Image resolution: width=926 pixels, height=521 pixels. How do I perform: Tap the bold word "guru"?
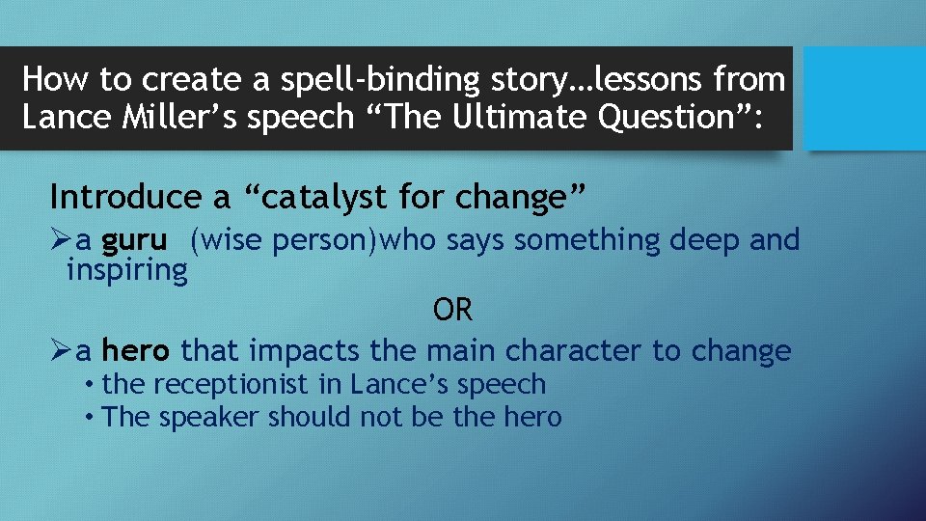134,239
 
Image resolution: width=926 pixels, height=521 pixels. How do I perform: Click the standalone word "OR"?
452,311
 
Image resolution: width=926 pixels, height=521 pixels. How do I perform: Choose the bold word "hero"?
137,350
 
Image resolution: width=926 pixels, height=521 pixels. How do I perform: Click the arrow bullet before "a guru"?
61,240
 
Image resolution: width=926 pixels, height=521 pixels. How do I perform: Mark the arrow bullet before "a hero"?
61,351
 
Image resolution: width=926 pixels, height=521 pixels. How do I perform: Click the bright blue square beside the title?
863,98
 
